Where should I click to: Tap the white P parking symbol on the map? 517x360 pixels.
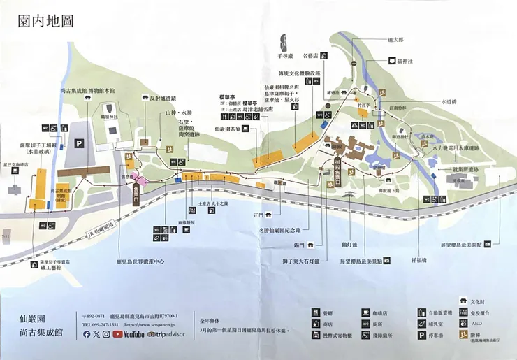pos(79,143)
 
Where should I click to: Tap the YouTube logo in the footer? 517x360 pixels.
pos(128,334)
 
